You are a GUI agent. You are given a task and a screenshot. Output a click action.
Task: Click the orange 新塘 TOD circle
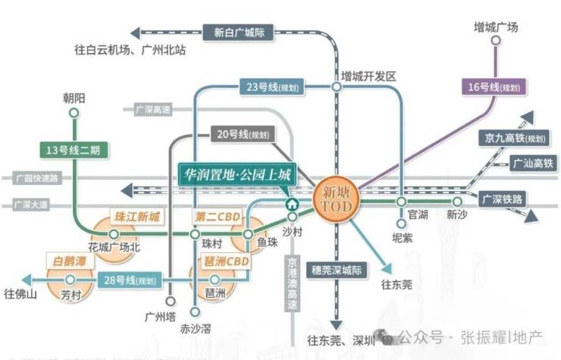[x=334, y=202]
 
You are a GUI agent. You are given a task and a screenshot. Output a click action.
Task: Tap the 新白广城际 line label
[x=238, y=33]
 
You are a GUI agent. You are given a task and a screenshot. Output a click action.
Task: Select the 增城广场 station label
[x=495, y=28]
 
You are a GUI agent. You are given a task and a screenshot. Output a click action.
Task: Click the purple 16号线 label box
[x=493, y=87]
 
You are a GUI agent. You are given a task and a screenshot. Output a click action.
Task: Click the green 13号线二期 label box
[x=72, y=150]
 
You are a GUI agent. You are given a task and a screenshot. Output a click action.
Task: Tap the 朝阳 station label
[x=74, y=99]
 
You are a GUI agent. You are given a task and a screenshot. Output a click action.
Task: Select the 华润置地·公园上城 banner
[x=238, y=174]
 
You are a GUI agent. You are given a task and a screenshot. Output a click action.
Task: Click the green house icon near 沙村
[x=292, y=204]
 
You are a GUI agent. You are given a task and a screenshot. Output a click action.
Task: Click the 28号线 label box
[x=130, y=280]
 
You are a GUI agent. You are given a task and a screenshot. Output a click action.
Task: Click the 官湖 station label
[x=418, y=215]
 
